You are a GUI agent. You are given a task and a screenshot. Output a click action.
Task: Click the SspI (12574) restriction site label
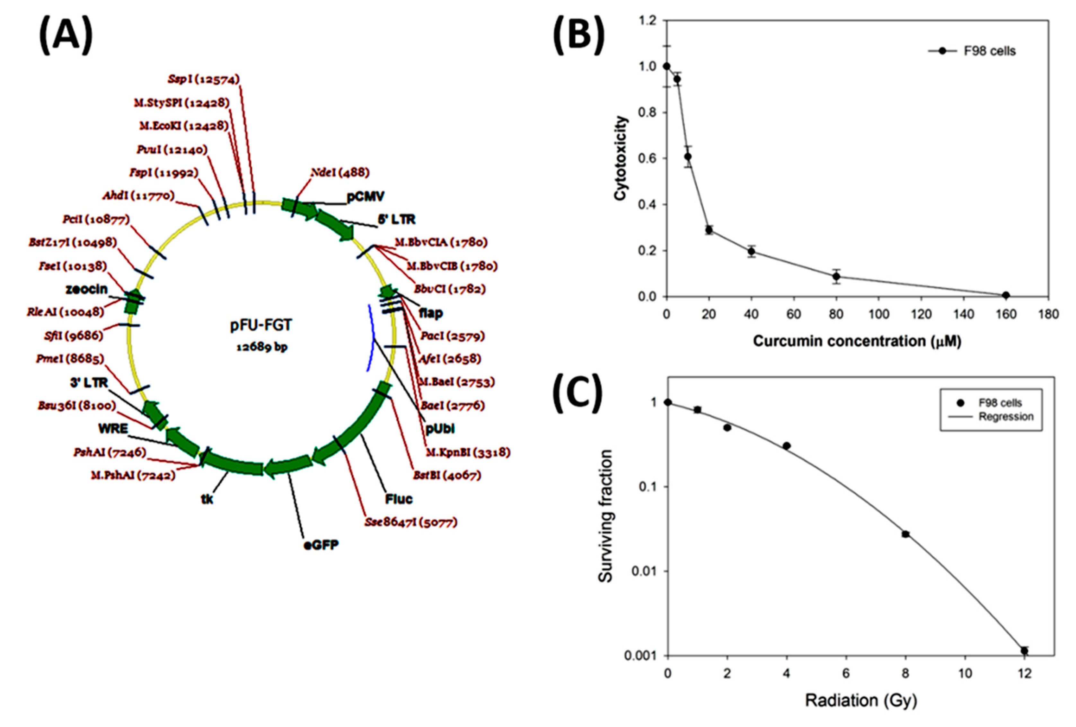204,79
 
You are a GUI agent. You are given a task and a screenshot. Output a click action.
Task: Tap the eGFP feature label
321,544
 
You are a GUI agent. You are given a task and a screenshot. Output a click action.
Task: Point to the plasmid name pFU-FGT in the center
261,325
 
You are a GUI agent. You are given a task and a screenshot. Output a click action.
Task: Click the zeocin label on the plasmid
87,289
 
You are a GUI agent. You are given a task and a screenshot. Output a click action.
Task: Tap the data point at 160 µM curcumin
1006,295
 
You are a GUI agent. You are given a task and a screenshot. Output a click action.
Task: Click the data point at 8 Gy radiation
906,534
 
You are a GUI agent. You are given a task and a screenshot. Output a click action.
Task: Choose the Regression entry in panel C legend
1006,417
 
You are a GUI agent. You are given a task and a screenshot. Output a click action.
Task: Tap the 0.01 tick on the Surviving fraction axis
644,571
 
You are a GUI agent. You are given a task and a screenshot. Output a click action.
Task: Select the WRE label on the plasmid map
113,429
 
